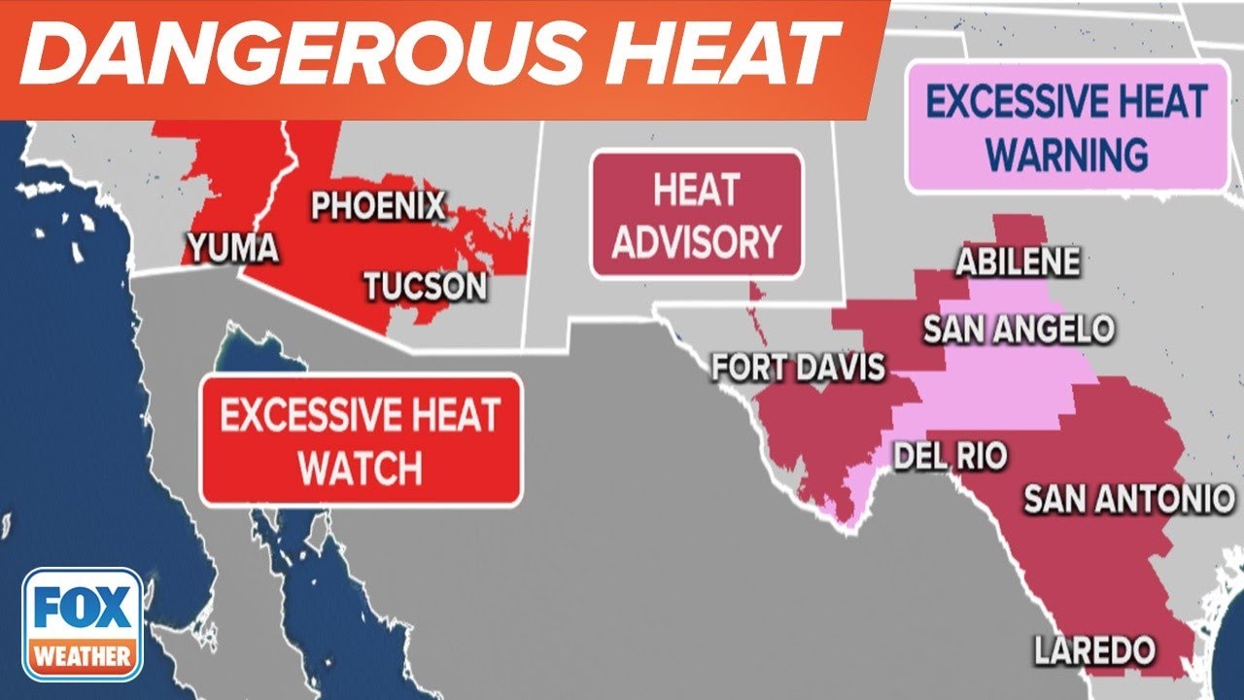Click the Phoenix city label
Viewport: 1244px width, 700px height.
click(378, 206)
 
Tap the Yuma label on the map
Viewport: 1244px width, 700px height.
click(232, 248)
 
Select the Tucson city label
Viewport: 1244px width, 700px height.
click(425, 286)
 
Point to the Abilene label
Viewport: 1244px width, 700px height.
click(1018, 262)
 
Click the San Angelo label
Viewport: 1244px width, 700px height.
click(1018, 329)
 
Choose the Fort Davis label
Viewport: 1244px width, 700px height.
click(799, 367)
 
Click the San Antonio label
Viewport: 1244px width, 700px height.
click(1128, 499)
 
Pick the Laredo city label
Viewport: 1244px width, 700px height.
click(1093, 649)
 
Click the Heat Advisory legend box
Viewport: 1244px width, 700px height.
click(696, 215)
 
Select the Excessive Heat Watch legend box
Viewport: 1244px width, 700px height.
click(361, 440)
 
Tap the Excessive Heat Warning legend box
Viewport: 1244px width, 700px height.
click(1067, 127)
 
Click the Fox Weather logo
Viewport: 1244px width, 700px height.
click(83, 623)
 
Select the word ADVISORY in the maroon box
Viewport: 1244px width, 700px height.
click(696, 242)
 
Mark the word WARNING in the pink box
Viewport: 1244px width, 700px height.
click(1067, 154)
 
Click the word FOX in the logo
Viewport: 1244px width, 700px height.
click(83, 610)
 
